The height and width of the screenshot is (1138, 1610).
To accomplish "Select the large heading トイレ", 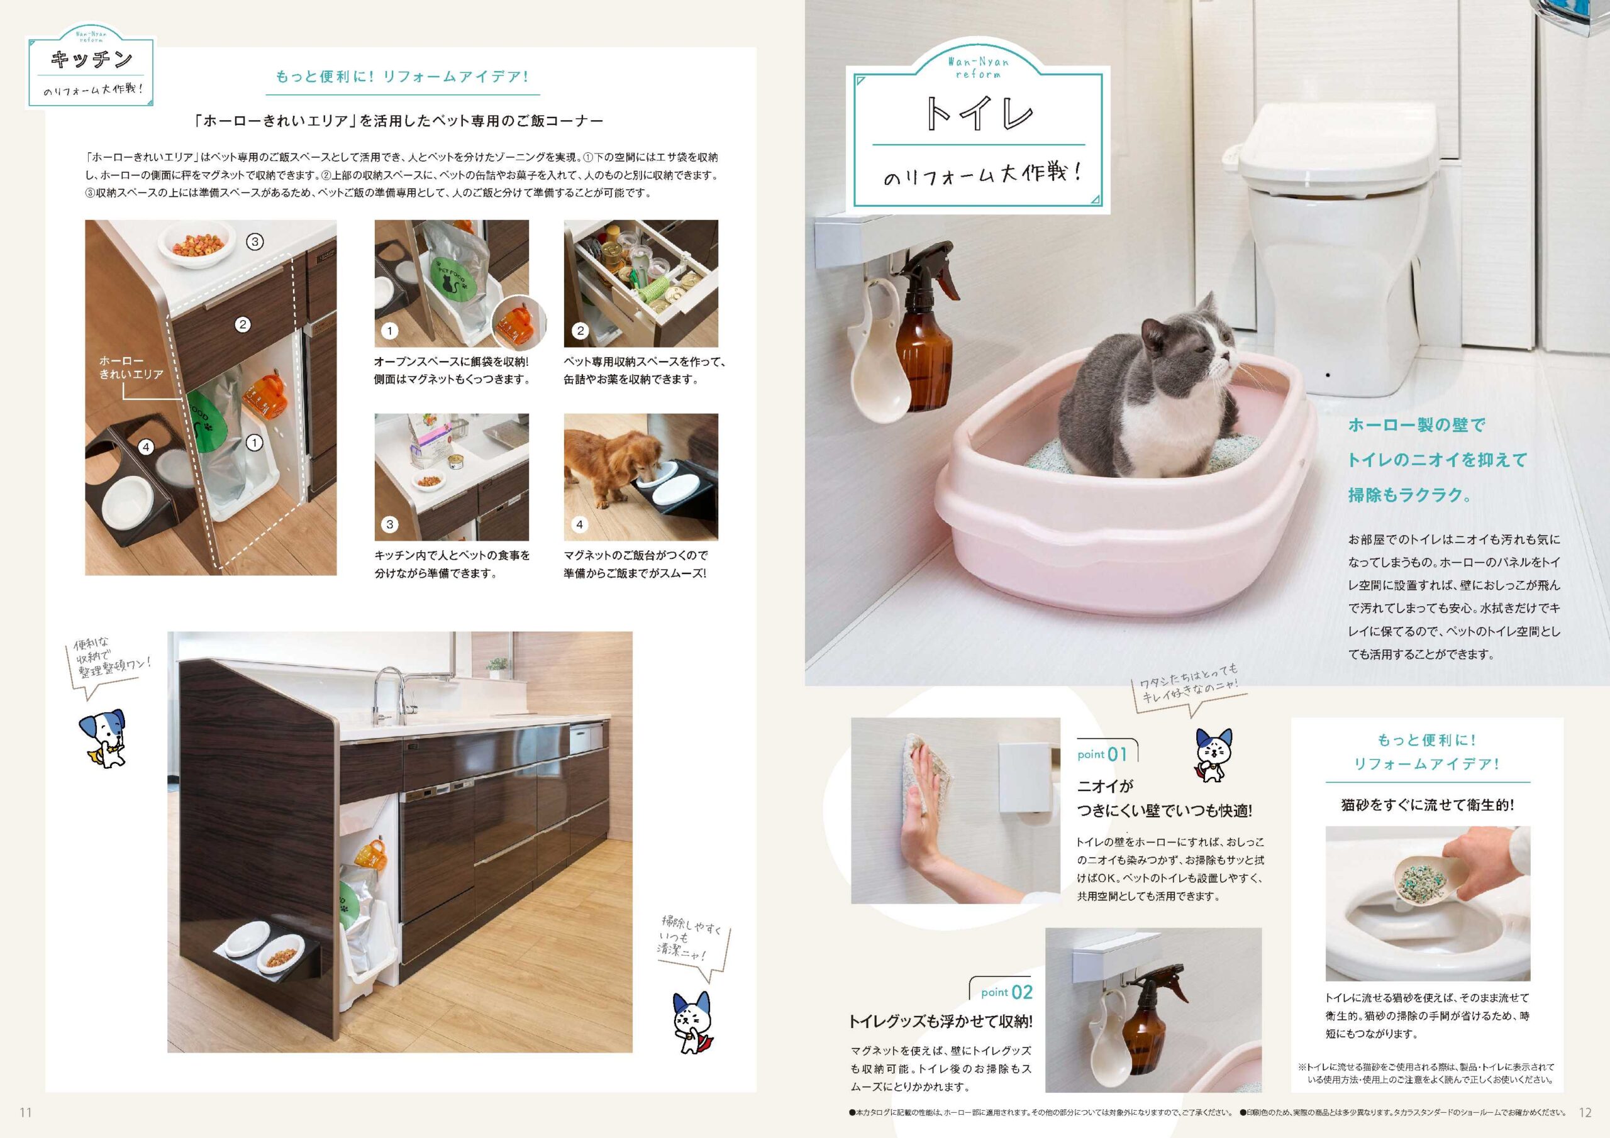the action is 979,114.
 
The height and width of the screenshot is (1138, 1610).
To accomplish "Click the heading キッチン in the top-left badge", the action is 91,59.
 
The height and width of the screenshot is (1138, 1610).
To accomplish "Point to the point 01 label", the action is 1102,754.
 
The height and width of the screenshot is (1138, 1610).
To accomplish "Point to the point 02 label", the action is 1006,992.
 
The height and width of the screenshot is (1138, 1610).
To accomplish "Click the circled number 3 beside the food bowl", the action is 255,242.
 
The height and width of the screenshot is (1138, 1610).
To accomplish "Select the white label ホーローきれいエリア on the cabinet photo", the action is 131,367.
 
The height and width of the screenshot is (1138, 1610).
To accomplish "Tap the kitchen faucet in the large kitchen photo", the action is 389,695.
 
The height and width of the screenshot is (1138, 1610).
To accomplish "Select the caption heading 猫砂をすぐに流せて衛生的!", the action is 1427,805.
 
